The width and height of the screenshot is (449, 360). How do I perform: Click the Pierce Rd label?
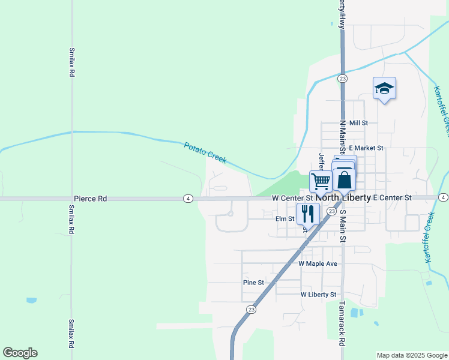click(x=90, y=198)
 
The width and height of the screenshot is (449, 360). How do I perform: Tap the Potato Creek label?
click(x=205, y=152)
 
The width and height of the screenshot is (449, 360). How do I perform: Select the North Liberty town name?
click(x=343, y=198)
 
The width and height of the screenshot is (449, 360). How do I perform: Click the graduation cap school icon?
click(x=384, y=89)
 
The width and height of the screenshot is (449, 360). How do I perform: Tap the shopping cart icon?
click(x=321, y=181)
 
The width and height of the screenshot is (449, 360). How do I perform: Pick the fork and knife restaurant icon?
click(x=307, y=213)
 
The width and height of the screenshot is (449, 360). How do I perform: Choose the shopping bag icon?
click(x=345, y=179)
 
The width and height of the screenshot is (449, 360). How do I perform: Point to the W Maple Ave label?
click(x=318, y=263)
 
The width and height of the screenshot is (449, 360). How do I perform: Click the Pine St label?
click(x=253, y=283)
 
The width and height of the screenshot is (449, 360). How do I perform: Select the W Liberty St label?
click(x=318, y=295)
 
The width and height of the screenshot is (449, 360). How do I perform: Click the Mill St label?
click(x=358, y=122)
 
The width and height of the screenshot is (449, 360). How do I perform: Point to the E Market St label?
click(x=365, y=148)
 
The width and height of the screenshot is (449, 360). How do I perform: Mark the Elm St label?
click(x=285, y=219)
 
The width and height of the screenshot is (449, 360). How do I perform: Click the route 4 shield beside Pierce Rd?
click(x=188, y=198)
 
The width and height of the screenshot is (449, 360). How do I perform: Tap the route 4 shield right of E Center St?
click(x=443, y=197)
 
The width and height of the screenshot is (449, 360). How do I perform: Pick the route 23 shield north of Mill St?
click(x=342, y=79)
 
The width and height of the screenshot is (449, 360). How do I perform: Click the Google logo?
click(x=20, y=353)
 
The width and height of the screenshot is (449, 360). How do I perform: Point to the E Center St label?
click(x=392, y=197)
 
